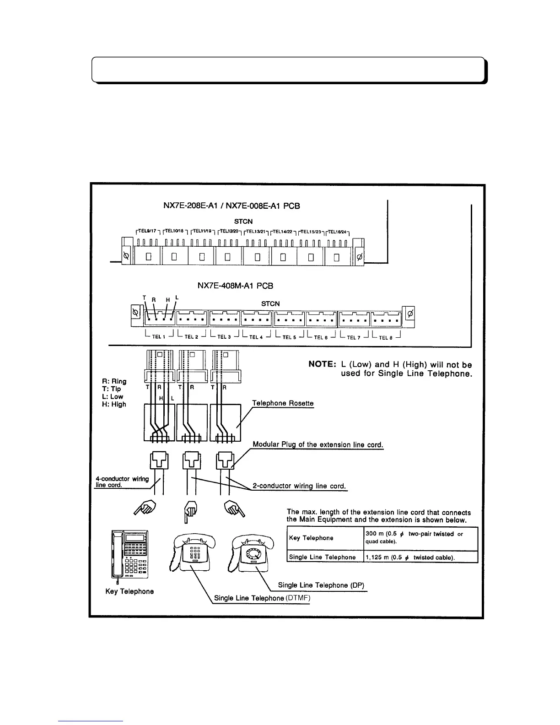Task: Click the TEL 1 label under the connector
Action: click(158, 336)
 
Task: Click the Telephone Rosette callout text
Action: click(283, 403)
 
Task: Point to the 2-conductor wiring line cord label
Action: click(299, 486)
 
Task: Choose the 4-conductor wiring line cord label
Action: click(122, 482)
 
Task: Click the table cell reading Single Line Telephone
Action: click(322, 557)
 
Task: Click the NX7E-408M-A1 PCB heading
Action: click(235, 286)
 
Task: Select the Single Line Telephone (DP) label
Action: click(321, 585)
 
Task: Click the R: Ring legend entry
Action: click(114, 381)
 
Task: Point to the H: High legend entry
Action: click(114, 404)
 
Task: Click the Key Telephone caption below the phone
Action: click(129, 591)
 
